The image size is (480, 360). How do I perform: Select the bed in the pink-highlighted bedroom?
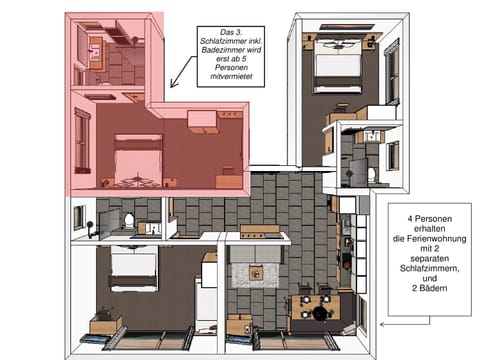pos(138,158)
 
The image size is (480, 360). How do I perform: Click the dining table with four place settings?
pos(318,303)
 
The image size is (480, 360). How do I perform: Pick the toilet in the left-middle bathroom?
pos(128,222)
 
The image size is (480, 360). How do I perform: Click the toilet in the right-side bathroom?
pos(370,173)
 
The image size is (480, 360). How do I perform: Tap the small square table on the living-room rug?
pos(256,273)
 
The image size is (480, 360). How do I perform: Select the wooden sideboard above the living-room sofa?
pos(260,232)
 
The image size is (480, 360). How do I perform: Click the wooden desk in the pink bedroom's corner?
pos(203,119)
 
